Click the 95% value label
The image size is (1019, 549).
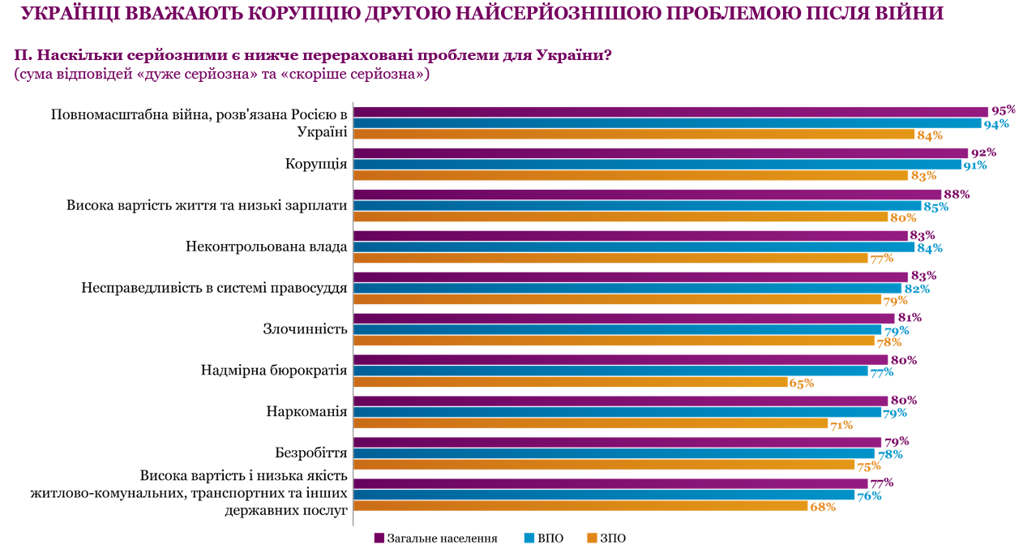tap(1003, 111)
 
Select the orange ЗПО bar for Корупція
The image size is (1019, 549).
tap(631, 175)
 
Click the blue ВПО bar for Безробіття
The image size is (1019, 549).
tap(614, 453)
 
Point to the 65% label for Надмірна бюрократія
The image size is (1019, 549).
tap(801, 383)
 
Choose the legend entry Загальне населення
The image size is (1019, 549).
tap(436, 538)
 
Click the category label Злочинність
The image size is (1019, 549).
tap(305, 329)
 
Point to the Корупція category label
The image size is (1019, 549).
tap(315, 164)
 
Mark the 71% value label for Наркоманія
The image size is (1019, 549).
tap(841, 424)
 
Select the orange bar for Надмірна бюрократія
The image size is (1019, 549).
tap(571, 382)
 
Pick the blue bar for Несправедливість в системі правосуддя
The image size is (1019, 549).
tap(627, 288)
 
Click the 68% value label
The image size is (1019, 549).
tap(822, 507)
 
